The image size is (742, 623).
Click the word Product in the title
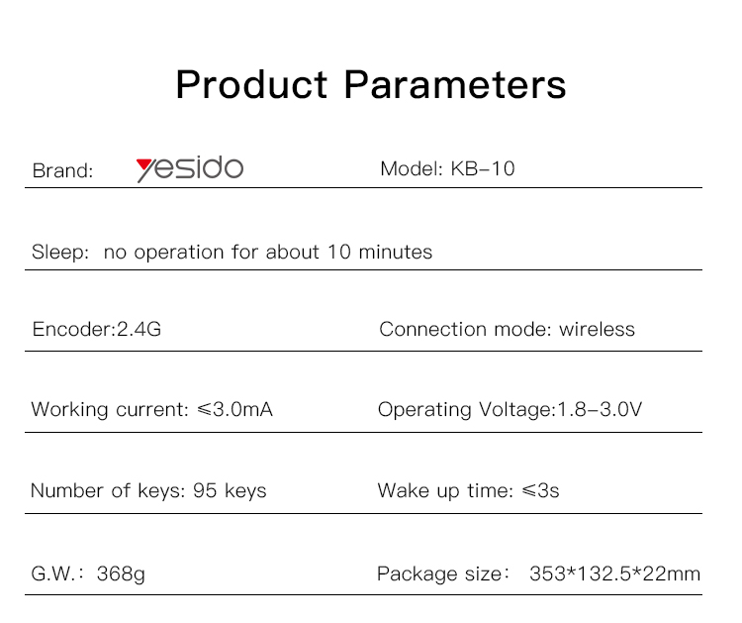pos(251,84)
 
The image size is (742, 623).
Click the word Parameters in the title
pos(455,84)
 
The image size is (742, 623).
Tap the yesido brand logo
pos(190,168)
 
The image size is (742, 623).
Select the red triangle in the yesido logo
pos(143,165)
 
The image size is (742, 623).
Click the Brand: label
pos(62,170)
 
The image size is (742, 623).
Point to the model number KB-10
pos(483,168)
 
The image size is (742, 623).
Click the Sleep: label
pos(60,252)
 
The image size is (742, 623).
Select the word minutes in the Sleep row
pos(396,252)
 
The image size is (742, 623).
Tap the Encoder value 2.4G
pos(139,329)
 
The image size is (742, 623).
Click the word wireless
pos(597,329)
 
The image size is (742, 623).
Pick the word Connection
pos(432,329)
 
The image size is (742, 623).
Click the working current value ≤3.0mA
pos(234,409)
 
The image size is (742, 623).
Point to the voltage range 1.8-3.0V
pos(600,409)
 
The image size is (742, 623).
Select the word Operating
pos(424,410)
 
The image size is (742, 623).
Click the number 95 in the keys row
pos(205,490)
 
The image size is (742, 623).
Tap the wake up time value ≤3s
pos(540,490)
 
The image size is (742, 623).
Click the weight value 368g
pos(121,574)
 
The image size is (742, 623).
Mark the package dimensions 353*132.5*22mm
pos(614,573)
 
